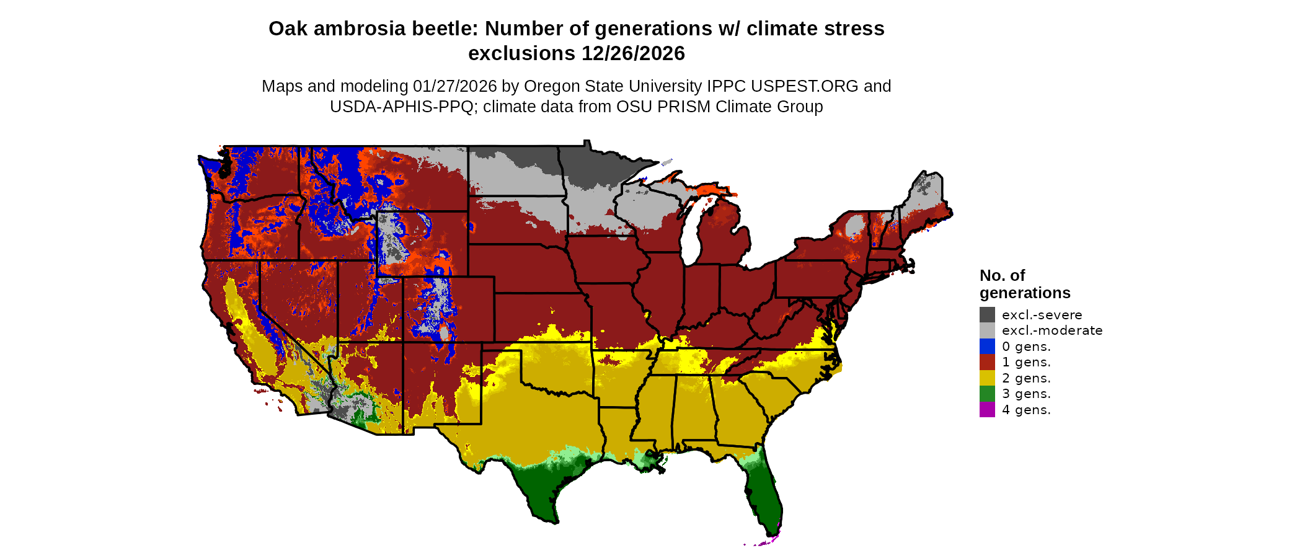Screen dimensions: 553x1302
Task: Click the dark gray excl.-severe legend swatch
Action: coord(987,314)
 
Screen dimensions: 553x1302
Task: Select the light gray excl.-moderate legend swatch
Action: coord(987,330)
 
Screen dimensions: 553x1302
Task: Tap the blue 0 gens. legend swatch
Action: coord(987,346)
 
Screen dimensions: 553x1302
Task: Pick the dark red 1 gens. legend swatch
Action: coord(987,362)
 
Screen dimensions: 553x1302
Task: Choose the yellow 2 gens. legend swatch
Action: coord(987,378)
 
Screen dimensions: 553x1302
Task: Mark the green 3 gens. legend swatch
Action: coord(987,394)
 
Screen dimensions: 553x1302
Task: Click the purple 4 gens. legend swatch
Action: coord(987,409)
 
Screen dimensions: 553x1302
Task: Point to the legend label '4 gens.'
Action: coord(1026,410)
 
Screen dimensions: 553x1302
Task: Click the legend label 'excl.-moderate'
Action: coord(1052,330)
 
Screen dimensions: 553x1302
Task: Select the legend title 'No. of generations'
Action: coord(1024,284)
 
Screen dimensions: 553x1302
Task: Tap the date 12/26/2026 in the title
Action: coord(633,54)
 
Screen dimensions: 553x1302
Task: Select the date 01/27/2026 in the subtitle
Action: coord(455,86)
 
